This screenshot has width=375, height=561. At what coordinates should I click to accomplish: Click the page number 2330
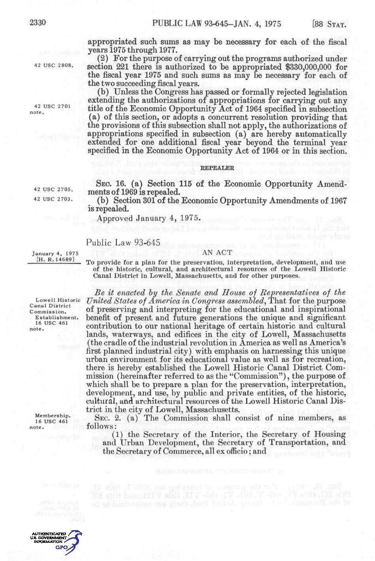[38, 23]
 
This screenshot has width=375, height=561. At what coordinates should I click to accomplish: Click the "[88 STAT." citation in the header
[329, 24]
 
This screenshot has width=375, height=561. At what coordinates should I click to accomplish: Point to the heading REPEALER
[217, 168]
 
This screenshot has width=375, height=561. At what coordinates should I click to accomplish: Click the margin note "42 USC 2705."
[53, 189]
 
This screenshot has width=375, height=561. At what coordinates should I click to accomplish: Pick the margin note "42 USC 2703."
[53, 199]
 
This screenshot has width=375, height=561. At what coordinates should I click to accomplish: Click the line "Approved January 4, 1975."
[149, 218]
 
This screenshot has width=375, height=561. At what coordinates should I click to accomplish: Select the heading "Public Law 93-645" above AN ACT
[123, 243]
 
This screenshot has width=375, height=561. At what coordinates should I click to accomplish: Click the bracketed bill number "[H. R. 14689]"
[55, 259]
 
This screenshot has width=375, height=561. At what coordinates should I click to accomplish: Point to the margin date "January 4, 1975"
[55, 254]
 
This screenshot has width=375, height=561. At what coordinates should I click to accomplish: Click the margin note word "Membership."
[53, 416]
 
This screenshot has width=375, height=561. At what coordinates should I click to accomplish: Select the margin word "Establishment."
[57, 317]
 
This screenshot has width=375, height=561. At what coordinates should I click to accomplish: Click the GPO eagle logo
[74, 542]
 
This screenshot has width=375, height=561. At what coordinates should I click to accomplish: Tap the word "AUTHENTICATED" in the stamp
[49, 534]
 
